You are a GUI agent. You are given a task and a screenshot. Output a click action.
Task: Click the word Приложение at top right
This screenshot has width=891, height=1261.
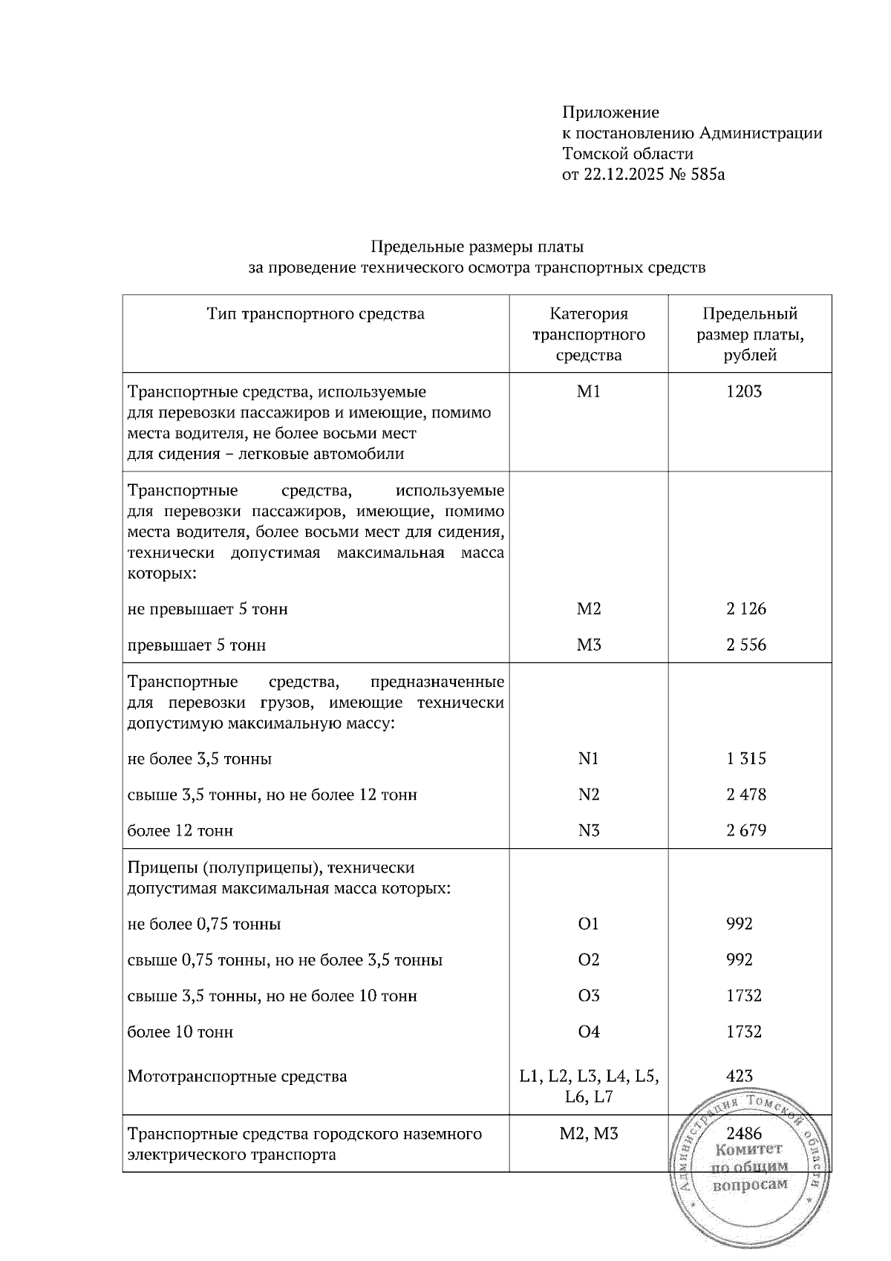(610, 113)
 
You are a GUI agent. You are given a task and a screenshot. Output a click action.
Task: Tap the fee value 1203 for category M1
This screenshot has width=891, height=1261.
(744, 391)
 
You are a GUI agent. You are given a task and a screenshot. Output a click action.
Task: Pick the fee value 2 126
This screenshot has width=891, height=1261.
(746, 609)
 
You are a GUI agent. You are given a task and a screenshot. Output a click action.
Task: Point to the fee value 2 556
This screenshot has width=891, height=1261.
(746, 645)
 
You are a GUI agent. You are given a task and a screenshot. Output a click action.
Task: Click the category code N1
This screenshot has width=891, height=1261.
(588, 758)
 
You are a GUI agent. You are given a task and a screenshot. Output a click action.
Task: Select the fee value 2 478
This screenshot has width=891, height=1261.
(746, 795)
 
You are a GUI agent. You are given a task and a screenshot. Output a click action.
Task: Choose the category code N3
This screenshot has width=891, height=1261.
(588, 830)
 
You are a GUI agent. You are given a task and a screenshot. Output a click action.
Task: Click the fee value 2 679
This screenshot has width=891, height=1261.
(746, 830)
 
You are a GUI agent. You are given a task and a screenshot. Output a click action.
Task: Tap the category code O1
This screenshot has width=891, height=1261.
(588, 924)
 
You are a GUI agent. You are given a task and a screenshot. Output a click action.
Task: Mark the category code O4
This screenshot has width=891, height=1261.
(588, 1032)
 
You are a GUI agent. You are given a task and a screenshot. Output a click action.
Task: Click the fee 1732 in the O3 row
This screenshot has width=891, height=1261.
(744, 995)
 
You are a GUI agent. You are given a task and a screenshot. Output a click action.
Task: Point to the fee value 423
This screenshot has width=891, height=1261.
(740, 1076)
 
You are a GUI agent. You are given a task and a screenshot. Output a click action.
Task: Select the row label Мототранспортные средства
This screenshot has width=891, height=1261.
(237, 1076)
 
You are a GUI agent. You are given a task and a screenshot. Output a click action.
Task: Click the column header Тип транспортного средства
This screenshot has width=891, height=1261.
(316, 314)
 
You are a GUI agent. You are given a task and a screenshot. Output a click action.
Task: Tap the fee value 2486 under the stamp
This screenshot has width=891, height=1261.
(744, 1133)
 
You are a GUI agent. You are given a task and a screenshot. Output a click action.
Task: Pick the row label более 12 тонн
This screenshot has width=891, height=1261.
(180, 830)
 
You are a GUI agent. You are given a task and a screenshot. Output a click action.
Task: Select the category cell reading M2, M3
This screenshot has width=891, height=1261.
(588, 1133)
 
